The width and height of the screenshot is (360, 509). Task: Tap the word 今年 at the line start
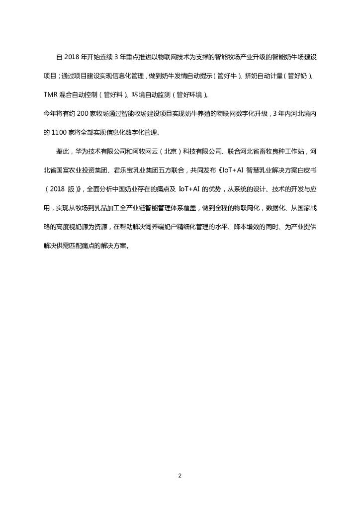pyautogui.click(x=50, y=113)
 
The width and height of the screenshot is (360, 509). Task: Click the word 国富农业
pyautogui.click(x=76, y=170)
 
